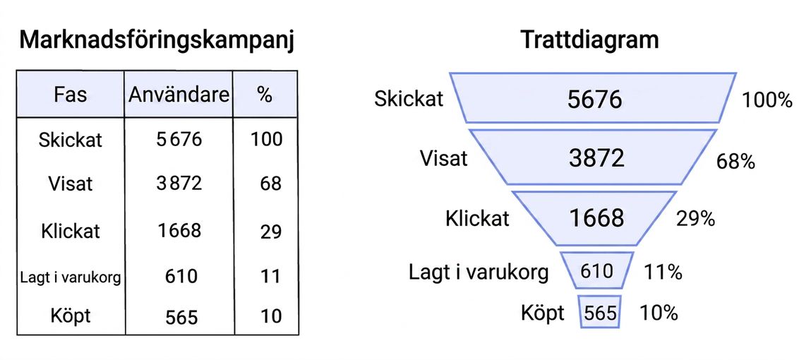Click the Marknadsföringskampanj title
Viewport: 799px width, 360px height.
pos(157,41)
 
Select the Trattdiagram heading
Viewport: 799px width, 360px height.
pos(589,40)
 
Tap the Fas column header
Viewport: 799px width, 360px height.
pos(71,95)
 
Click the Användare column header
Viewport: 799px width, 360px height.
pos(179,95)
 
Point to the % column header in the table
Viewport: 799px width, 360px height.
pos(265,95)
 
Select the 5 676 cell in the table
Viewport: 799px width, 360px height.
pos(179,139)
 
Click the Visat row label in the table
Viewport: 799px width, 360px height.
pos(71,183)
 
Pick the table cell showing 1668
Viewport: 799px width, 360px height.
pos(179,231)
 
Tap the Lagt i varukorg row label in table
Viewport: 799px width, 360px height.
pos(71,278)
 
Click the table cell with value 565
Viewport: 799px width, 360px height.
pos(181,317)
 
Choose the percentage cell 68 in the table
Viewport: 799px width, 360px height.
pos(270,184)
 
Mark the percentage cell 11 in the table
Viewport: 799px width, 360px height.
pos(270,277)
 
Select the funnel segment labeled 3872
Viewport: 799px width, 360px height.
pos(596,158)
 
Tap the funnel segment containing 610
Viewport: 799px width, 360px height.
pos(597,270)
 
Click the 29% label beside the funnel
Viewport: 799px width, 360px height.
pos(695,219)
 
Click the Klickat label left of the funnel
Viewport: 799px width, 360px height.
pos(477,218)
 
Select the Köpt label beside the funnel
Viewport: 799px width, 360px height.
pos(543,313)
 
